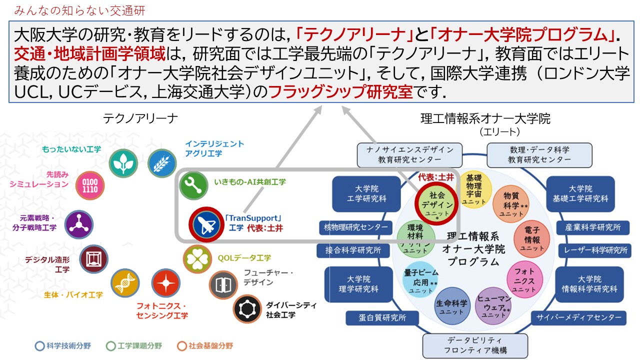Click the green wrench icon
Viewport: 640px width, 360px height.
(x=193, y=184)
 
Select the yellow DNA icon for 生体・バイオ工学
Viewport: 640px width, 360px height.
(x=125, y=283)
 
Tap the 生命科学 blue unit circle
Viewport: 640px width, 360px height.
(x=451, y=306)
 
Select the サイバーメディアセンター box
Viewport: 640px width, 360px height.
(x=578, y=317)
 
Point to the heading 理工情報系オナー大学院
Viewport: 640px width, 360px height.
(x=485, y=119)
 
